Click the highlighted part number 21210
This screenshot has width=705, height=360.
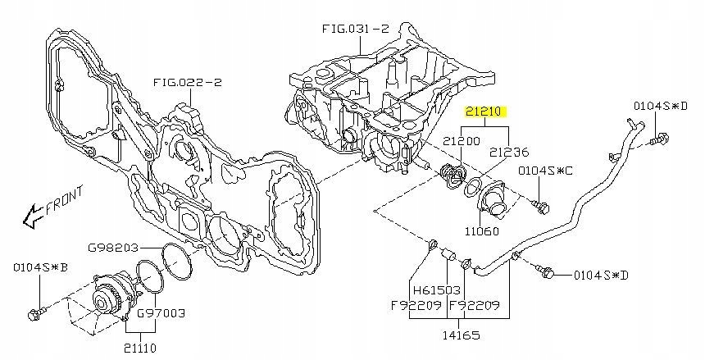pyautogui.click(x=485, y=112)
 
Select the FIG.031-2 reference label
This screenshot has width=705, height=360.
pyautogui.click(x=355, y=29)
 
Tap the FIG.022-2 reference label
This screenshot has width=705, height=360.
pyautogui.click(x=188, y=83)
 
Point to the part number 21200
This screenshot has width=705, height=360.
pyautogui.click(x=462, y=141)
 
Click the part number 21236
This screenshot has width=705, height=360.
pyautogui.click(x=509, y=152)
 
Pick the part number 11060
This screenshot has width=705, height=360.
pyautogui.click(x=481, y=231)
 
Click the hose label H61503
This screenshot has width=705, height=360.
pyautogui.click(x=437, y=290)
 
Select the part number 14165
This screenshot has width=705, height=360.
pyautogui.click(x=461, y=335)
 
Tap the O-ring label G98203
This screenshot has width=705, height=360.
pyautogui.click(x=113, y=248)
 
